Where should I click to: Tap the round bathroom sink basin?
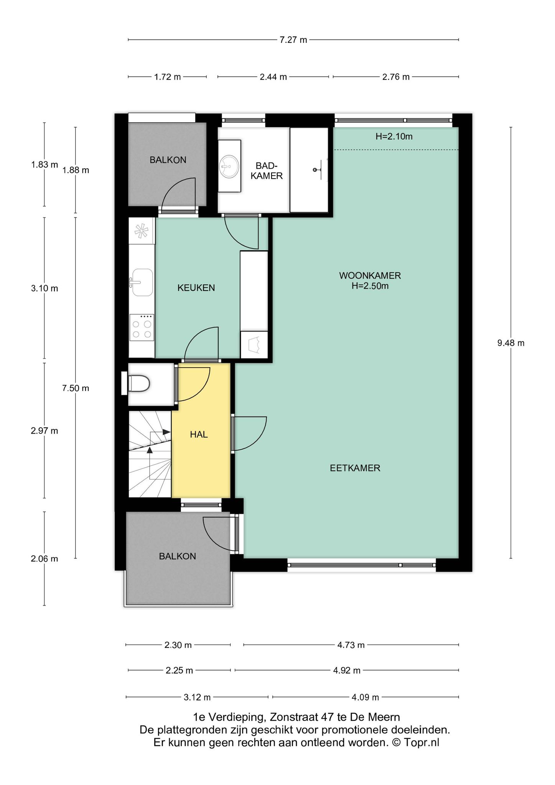(229, 166)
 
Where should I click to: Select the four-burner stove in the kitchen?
(142, 327)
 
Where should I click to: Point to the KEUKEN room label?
(196, 287)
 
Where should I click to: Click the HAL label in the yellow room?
(199, 434)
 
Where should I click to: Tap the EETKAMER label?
(355, 468)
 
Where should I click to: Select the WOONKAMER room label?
(370, 275)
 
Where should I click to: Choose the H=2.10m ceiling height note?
(394, 136)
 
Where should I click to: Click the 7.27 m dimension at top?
(293, 40)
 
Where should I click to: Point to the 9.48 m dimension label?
(511, 343)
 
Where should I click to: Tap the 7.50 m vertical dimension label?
(76, 388)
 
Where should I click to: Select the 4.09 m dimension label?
(365, 697)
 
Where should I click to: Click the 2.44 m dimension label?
(273, 77)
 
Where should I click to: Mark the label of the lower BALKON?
(177, 556)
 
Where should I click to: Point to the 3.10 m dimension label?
(44, 288)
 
